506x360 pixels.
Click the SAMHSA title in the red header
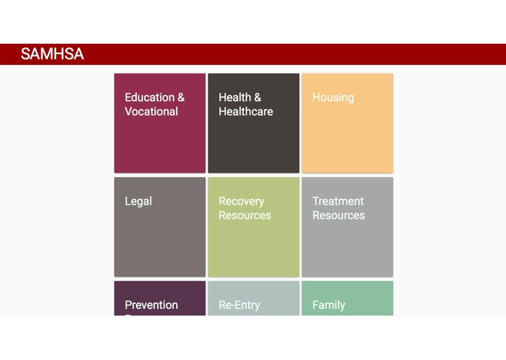(x=52, y=54)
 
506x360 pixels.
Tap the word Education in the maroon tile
(x=149, y=98)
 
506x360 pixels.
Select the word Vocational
(x=151, y=111)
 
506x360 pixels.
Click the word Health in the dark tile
(x=234, y=98)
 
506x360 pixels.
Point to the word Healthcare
(x=245, y=111)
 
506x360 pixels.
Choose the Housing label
(x=333, y=98)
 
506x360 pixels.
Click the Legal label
(x=138, y=201)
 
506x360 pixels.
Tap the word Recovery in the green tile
(x=241, y=201)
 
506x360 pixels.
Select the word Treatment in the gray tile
(x=338, y=201)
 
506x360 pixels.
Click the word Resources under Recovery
(x=245, y=216)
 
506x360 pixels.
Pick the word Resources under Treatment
(x=339, y=216)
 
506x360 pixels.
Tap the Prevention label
(x=151, y=305)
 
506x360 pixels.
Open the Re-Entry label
(x=239, y=305)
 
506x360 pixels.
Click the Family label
(x=328, y=305)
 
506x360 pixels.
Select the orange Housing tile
(x=347, y=138)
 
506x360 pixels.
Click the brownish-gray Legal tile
(x=159, y=240)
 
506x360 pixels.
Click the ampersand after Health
(x=257, y=98)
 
